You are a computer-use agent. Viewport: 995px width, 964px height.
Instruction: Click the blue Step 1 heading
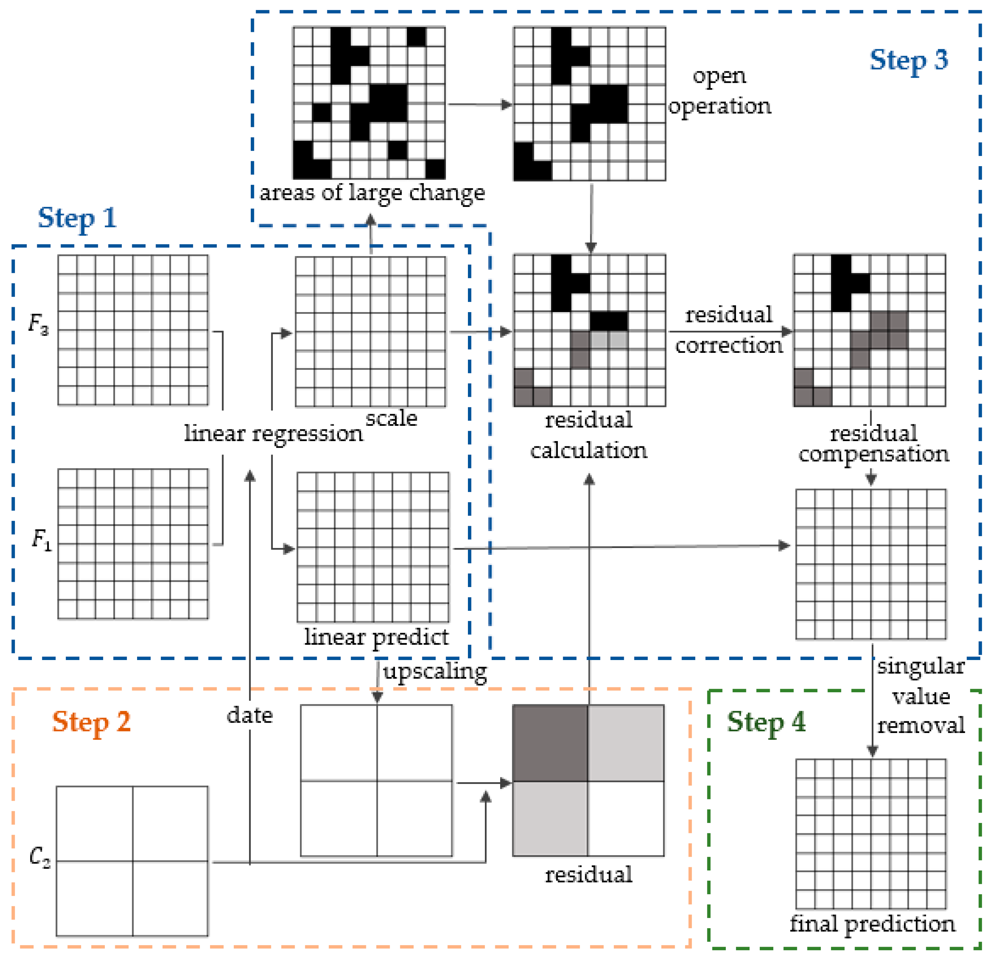pyautogui.click(x=77, y=218)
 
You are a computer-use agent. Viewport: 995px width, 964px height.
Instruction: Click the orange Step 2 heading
pyautogui.click(x=91, y=722)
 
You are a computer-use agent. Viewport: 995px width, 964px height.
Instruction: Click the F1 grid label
pyautogui.click(x=41, y=540)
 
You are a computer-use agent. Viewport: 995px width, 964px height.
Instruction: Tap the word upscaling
pyautogui.click(x=435, y=672)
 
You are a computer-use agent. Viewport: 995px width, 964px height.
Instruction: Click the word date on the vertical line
pyautogui.click(x=249, y=716)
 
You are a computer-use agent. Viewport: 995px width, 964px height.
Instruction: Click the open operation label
pyautogui.click(x=719, y=91)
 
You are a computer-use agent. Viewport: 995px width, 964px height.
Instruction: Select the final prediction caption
pyautogui.click(x=872, y=924)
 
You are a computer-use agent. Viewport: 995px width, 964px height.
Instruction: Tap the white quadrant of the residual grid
pyautogui.click(x=626, y=818)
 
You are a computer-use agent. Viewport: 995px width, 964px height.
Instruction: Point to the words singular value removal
pyautogui.click(x=920, y=696)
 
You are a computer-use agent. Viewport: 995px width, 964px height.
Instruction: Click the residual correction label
pyautogui.click(x=729, y=330)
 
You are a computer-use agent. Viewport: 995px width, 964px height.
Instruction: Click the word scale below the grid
pyautogui.click(x=391, y=419)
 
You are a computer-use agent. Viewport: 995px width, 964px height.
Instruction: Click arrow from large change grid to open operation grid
pyautogui.click(x=479, y=105)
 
